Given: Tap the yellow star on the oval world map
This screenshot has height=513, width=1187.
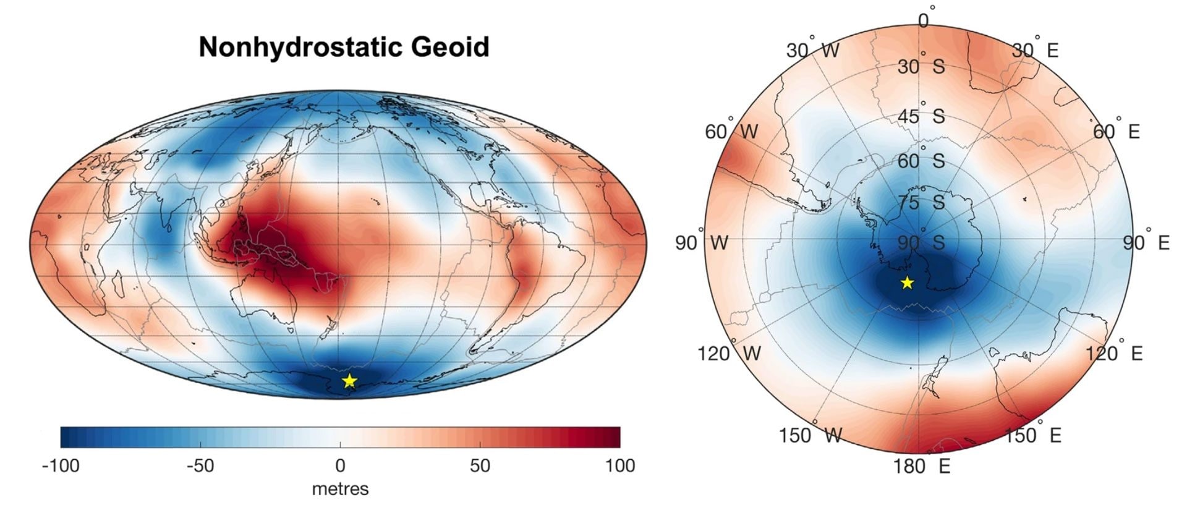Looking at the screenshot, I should (349, 380).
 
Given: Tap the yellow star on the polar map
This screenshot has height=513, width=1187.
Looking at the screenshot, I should (907, 283).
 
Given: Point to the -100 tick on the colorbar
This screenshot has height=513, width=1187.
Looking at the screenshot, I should (61, 465).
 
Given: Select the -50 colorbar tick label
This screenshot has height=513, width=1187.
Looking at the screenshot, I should (200, 465).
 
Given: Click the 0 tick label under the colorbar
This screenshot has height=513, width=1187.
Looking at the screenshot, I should (340, 465).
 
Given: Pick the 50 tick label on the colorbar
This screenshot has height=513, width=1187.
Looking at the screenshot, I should (480, 465).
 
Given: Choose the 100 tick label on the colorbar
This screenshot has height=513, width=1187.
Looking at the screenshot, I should (619, 465).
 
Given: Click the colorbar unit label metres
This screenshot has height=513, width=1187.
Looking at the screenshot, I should (340, 489).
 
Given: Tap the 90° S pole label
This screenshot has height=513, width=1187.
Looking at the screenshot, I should (921, 242).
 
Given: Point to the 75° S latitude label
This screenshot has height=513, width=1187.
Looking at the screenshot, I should (921, 202).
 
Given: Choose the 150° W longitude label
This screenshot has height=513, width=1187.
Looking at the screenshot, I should (810, 435).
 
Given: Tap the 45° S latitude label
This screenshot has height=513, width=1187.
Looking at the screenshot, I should (921, 116).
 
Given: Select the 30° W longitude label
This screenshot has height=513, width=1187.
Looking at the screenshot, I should (812, 50).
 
